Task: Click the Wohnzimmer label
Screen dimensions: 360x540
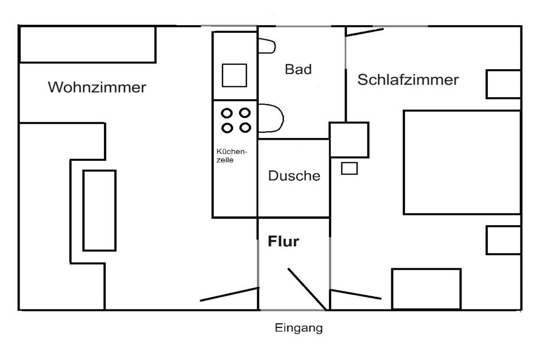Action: pyautogui.click(x=97, y=87)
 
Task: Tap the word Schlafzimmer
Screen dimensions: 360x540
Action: pyautogui.click(x=408, y=80)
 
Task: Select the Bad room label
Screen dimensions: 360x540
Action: pyautogui.click(x=298, y=69)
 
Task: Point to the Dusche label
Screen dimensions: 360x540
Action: pyautogui.click(x=294, y=176)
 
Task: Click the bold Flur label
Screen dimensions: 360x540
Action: pyautogui.click(x=284, y=242)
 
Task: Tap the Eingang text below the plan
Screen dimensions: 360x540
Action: pyautogui.click(x=298, y=328)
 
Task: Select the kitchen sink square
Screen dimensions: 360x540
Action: pyautogui.click(x=234, y=75)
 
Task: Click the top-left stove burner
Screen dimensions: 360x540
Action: pyautogui.click(x=227, y=113)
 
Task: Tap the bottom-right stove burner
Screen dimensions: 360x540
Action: pyautogui.click(x=245, y=128)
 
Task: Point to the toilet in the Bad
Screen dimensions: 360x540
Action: pyautogui.click(x=271, y=119)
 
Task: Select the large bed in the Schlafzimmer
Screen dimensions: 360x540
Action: pyautogui.click(x=462, y=162)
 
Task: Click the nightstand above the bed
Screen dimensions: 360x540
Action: pyautogui.click(x=503, y=84)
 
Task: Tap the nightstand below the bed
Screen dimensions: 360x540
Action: pyautogui.click(x=503, y=240)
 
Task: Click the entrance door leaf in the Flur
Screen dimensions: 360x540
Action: pyautogui.click(x=306, y=289)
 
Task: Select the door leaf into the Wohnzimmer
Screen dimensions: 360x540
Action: pyautogui.click(x=229, y=294)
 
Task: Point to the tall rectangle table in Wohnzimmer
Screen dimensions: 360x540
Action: pyautogui.click(x=99, y=210)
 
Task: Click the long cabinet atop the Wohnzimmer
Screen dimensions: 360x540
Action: pyautogui.click(x=88, y=44)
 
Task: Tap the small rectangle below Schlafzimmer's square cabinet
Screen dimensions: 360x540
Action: pyautogui.click(x=349, y=169)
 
